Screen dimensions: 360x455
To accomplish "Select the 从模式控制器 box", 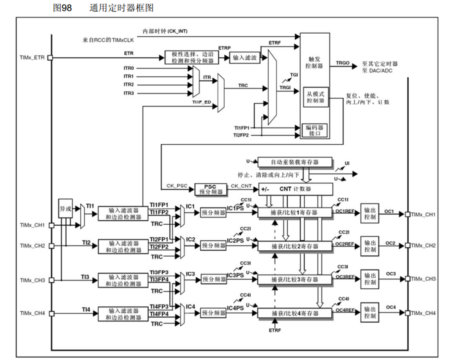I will pyautogui.click(x=315, y=97).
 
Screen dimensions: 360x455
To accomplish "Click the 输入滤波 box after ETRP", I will pyautogui.click(x=245, y=58).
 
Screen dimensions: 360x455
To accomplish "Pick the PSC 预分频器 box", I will pyautogui.click(x=209, y=189).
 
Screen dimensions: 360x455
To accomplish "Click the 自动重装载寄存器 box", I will pyautogui.click(x=295, y=162).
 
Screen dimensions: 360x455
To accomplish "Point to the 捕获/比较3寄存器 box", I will pyautogui.click(x=295, y=280).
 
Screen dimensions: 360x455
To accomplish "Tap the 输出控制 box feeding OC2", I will pyautogui.click(x=370, y=246).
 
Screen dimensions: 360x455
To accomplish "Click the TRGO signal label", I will pyautogui.click(x=342, y=63).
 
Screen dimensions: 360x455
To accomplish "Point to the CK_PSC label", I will pyautogui.click(x=177, y=185).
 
